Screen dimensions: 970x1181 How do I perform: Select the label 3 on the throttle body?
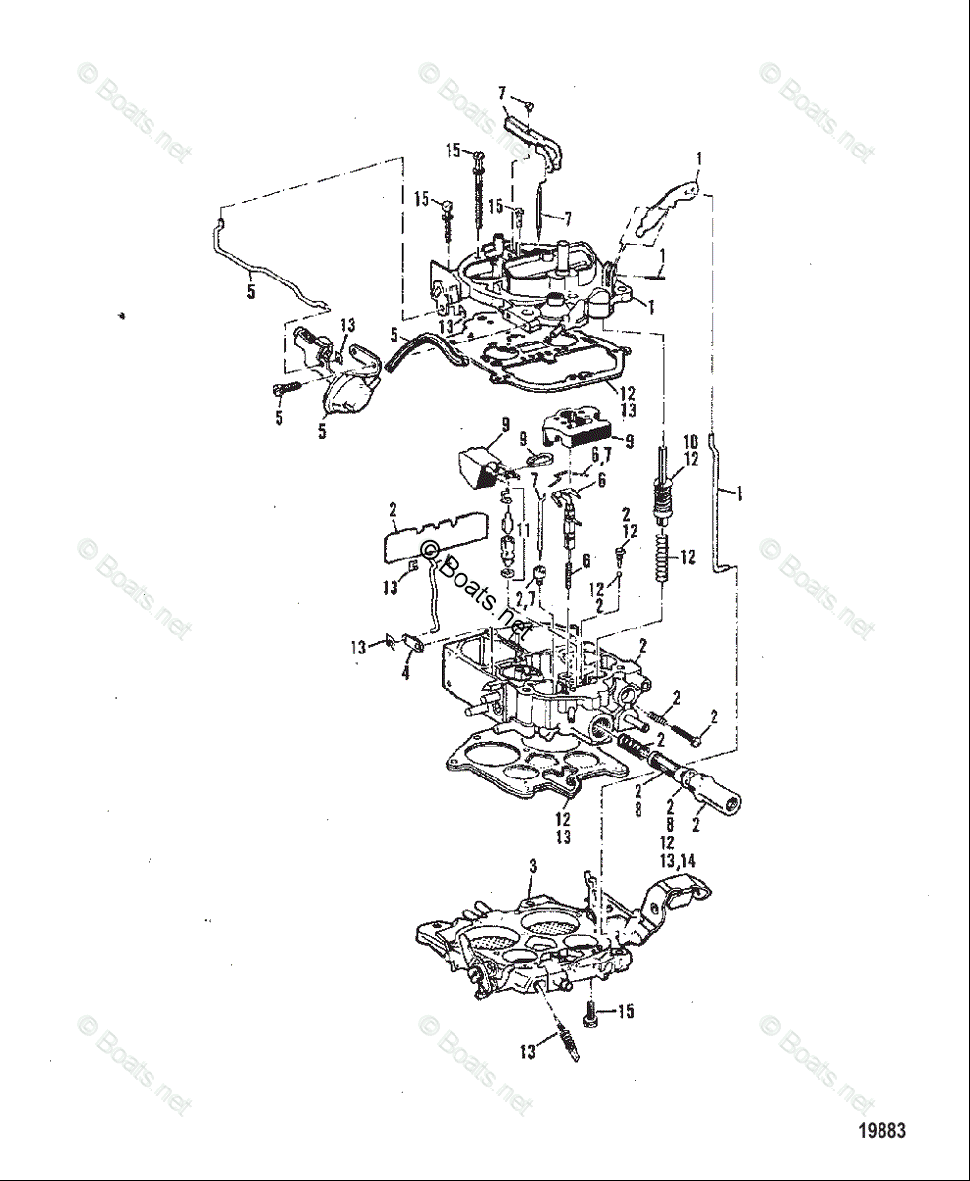532,866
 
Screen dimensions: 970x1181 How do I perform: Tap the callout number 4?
404,674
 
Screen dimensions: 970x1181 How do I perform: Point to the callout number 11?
524,529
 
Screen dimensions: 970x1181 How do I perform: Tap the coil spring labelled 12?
664,558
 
